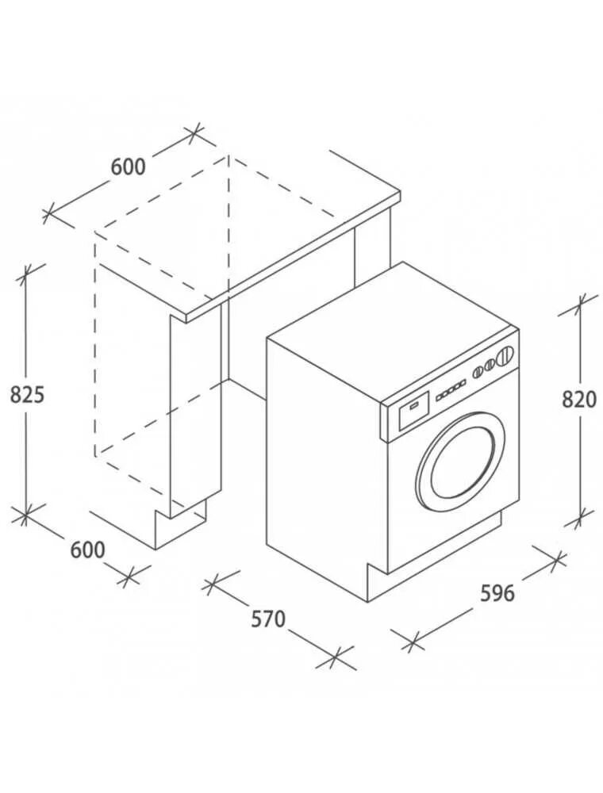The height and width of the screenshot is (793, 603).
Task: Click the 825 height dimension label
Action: pos(27,394)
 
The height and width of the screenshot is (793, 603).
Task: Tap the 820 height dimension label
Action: pos(578,400)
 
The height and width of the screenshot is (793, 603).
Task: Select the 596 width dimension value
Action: pos(497,592)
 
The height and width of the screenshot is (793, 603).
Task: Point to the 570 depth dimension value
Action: pos(268,619)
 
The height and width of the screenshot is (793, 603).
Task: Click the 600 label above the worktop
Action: pos(128,167)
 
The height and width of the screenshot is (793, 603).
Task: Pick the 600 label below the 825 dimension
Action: pos(87,550)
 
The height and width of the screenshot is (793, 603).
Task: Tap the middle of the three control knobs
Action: pos(490,364)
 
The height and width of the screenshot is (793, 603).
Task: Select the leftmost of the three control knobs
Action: pos(478,370)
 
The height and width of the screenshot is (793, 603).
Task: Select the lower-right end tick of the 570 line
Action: pos(336,657)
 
